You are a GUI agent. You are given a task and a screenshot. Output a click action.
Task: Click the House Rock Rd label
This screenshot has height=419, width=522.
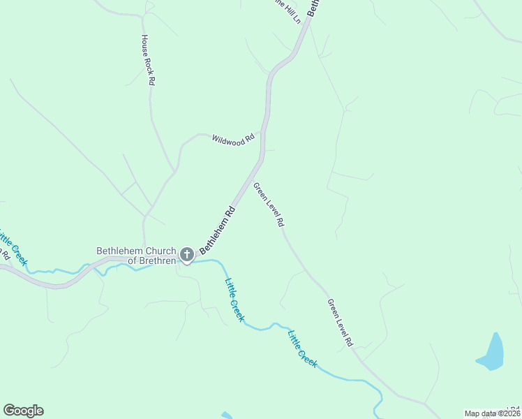coord(147,59)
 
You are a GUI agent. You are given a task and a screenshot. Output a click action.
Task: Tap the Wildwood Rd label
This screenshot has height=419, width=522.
coord(233,140)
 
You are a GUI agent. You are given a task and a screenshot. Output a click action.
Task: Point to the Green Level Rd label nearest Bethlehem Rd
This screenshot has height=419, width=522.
coord(269,205)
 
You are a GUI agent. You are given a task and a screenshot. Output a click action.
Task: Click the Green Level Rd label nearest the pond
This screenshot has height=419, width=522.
coord(341,323)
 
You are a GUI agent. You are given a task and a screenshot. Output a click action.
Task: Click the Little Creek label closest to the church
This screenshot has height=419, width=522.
coord(234,300)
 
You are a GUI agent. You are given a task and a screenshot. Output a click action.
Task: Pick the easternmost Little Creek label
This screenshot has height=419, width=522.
coord(302,348)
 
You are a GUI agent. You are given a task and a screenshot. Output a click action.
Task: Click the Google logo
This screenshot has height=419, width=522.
coord(23,411)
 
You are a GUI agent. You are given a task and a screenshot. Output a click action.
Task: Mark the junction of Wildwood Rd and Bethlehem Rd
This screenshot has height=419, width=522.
coord(262,131)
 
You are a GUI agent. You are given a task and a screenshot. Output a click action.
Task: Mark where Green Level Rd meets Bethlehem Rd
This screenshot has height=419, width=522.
coord(260,163)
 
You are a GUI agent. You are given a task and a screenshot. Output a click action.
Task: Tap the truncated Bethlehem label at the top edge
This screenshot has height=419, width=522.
coord(315,8)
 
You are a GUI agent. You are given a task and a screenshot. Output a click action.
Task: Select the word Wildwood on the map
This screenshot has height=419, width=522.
coord(228,140)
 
